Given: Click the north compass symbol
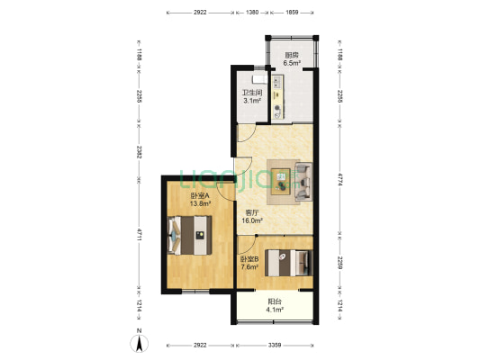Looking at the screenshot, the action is (x=140, y=343).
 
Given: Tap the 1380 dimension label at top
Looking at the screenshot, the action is (x=252, y=13).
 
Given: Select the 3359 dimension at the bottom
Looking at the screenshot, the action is (x=275, y=346).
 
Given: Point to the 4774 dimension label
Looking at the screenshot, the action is (x=340, y=179).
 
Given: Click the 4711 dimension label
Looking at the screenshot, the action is (x=140, y=235).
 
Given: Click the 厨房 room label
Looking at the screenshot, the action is (x=292, y=56).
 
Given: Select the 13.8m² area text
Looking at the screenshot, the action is (x=200, y=203).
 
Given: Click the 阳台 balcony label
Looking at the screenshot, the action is (x=275, y=301).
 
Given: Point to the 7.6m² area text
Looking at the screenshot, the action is (x=249, y=267).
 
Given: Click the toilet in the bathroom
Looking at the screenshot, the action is (x=259, y=79).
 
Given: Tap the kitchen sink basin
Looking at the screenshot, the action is (x=277, y=82).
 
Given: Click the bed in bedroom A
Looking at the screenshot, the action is (x=190, y=235).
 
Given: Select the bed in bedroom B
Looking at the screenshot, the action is (x=289, y=263).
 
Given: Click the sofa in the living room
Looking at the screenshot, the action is (x=303, y=182).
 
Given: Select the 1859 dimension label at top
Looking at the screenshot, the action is (x=292, y=13).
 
